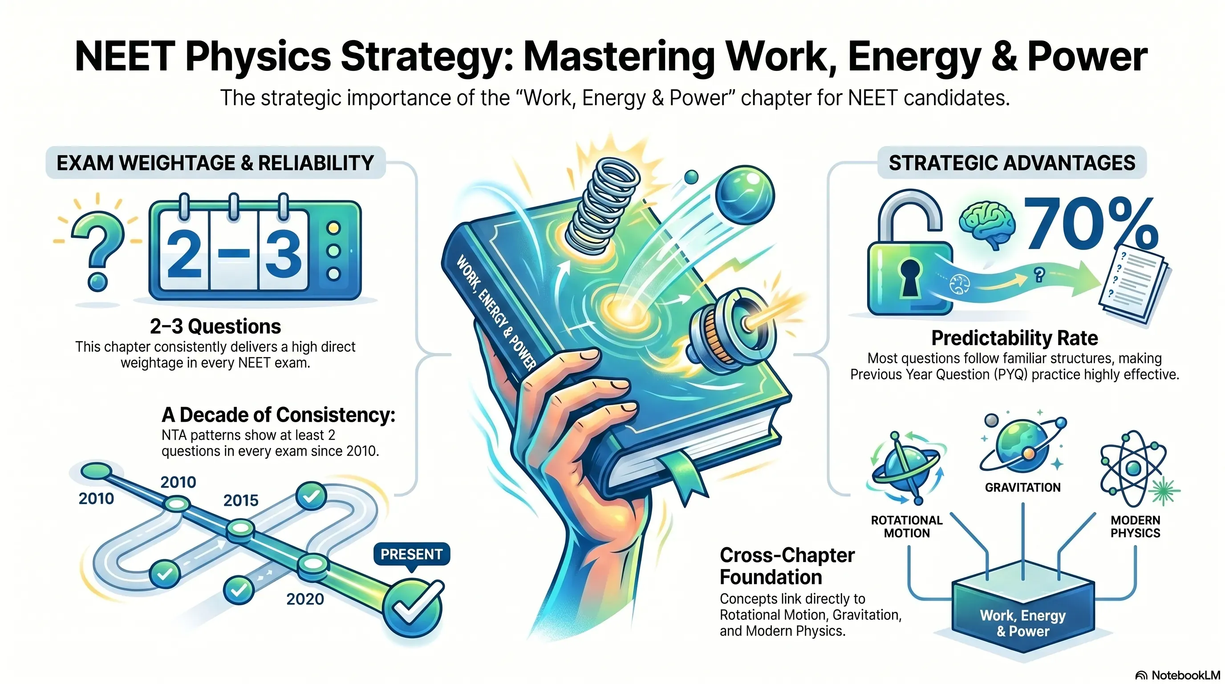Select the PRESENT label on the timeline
pos(411,554)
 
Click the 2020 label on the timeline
pos(305,599)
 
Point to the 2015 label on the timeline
pos(241,501)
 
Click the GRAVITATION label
pos(1022,488)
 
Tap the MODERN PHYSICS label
pos(1135,526)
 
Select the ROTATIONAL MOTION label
pos(906,526)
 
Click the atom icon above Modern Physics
pos(1133,468)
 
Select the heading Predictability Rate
pos(1014,338)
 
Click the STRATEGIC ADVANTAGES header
pos(1012,163)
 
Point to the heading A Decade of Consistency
pos(279,415)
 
